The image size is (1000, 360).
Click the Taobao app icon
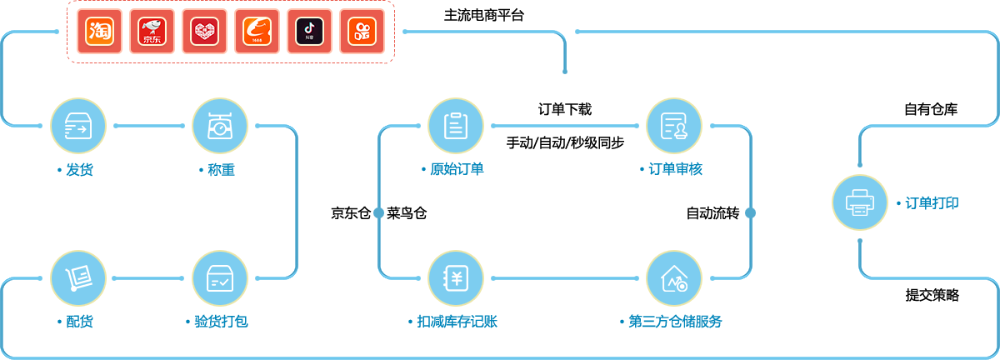pyautogui.click(x=99, y=32)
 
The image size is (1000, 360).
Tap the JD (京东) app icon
pyautogui.click(x=152, y=32)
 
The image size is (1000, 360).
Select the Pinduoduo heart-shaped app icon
pyautogui.click(x=204, y=32)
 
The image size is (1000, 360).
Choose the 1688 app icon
pyautogui.click(x=257, y=32)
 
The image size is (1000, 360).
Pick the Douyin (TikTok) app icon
pyautogui.click(x=309, y=32)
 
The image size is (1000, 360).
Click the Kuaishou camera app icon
pyautogui.click(x=362, y=32)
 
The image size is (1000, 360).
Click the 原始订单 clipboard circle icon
pyautogui.click(x=455, y=126)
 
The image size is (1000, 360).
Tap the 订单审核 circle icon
pyautogui.click(x=673, y=126)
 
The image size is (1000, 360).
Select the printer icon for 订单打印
pyautogui.click(x=859, y=202)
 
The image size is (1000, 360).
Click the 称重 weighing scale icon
pyautogui.click(x=220, y=126)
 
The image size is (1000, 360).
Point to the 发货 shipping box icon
pyautogui.click(x=78, y=126)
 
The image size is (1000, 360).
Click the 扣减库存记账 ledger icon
pyautogui.click(x=455, y=277)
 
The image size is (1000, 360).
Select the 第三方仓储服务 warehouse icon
pyautogui.click(x=673, y=277)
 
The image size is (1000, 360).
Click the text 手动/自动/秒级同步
pyautogui.click(x=565, y=142)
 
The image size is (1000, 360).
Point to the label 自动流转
pyautogui.click(x=712, y=213)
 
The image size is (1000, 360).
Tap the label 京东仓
pyautogui.click(x=350, y=213)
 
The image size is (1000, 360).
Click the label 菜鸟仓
pyautogui.click(x=407, y=213)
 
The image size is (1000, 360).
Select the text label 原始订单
pyautogui.click(x=457, y=169)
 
